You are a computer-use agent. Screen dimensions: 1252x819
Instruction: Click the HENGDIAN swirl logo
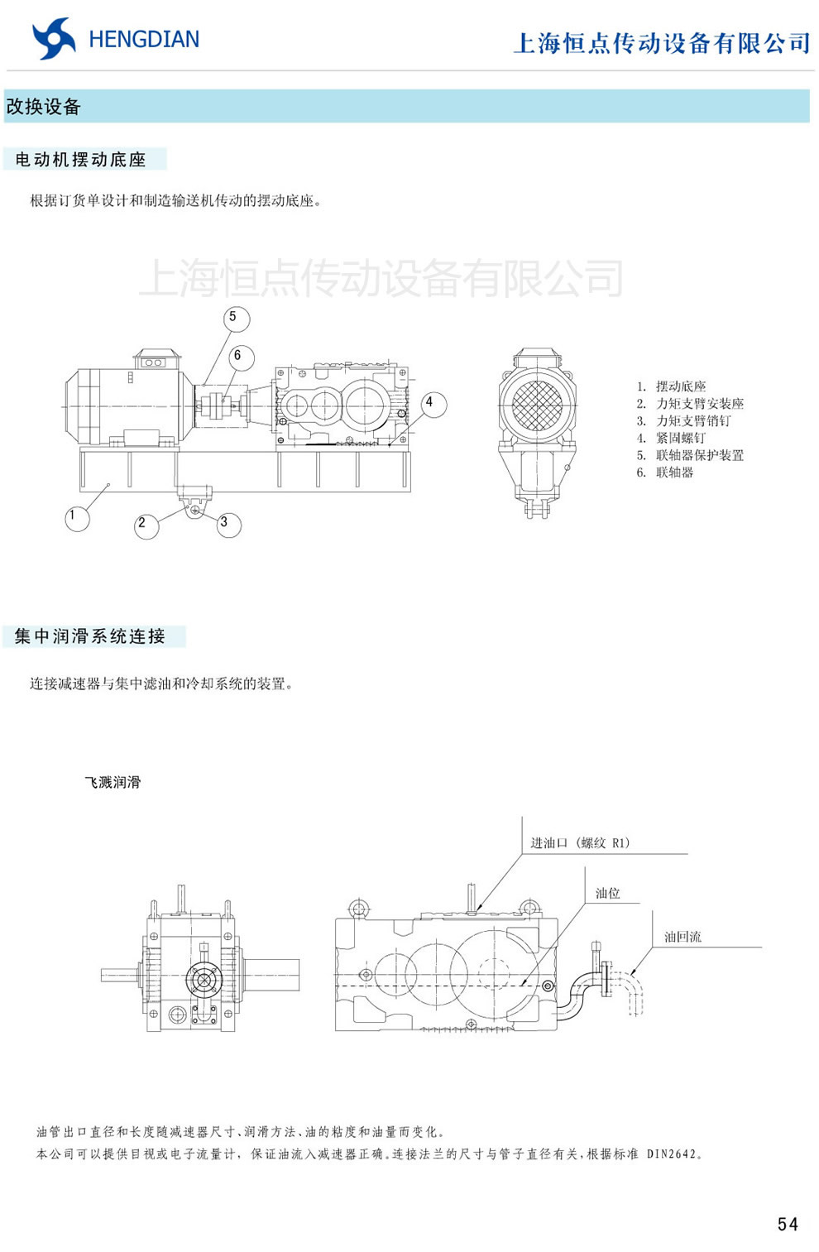[x=54, y=39]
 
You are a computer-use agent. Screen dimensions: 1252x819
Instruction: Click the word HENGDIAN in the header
[x=144, y=40]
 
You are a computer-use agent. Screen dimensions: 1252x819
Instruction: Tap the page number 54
[x=788, y=1225]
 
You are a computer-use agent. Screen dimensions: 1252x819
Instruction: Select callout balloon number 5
[x=236, y=318]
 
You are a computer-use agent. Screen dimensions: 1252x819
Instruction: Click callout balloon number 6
[x=240, y=357]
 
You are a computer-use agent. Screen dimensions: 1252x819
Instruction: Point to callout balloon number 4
[x=432, y=404]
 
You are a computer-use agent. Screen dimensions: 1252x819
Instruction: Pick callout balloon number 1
[x=76, y=518]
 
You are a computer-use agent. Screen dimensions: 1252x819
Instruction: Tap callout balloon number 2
[x=146, y=525]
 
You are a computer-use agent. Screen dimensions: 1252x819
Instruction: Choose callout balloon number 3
[x=227, y=524]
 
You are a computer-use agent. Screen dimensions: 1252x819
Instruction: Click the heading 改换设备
[x=43, y=107]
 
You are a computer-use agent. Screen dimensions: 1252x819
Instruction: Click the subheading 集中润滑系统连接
[x=90, y=636]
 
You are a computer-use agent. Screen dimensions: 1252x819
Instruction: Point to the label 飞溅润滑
[x=113, y=782]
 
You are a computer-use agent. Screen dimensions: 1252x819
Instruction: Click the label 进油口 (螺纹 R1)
[x=580, y=842]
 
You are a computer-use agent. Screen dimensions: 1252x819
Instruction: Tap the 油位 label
[x=607, y=893]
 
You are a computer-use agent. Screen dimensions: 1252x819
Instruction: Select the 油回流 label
[x=682, y=937]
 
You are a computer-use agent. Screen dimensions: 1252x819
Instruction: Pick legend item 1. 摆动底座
[x=672, y=386]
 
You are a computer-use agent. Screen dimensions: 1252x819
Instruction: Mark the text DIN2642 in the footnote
[x=672, y=1154]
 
